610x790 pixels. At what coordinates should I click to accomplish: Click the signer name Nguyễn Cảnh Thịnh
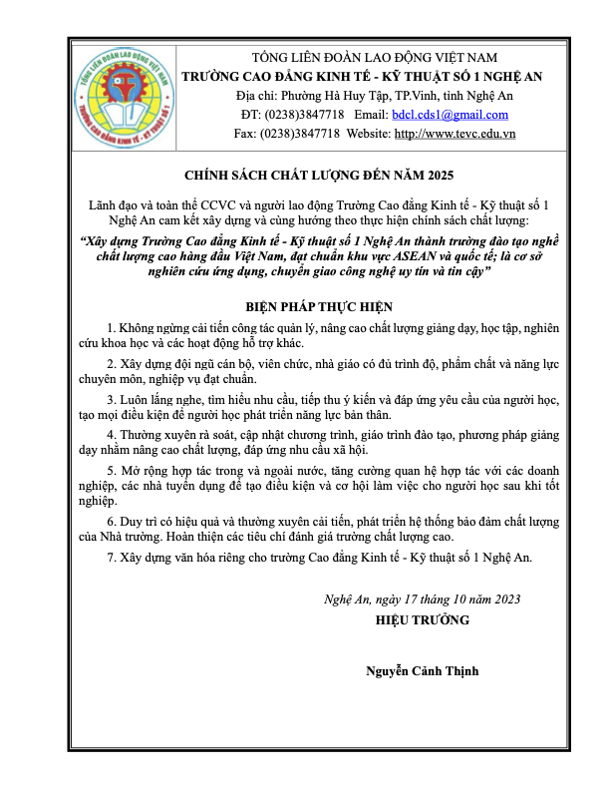[x=423, y=670]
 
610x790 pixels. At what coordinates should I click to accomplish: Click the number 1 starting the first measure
[x=109, y=327]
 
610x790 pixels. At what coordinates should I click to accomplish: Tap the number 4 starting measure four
[x=109, y=436]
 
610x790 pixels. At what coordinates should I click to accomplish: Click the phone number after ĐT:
[x=304, y=114]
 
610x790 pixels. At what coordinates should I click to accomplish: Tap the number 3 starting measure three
[x=109, y=399]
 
